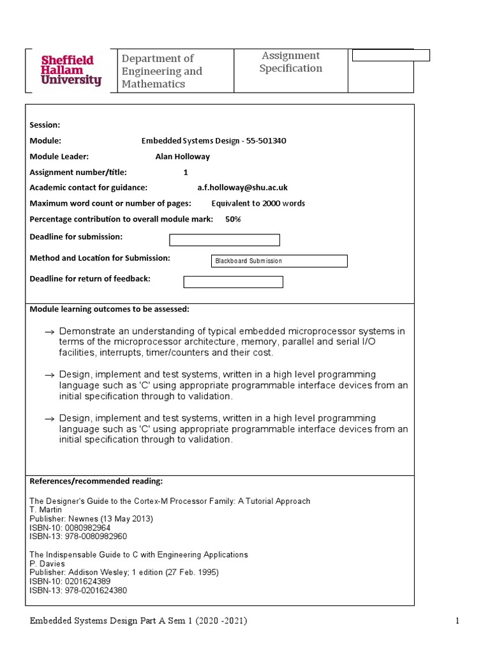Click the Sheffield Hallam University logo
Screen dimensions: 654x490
coord(71,70)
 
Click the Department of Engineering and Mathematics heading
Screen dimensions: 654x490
coord(162,71)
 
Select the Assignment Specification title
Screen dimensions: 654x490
coord(290,62)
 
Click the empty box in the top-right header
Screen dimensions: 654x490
coord(391,56)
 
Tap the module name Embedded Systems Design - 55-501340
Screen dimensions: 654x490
coord(213,141)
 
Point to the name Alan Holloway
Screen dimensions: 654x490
coord(182,156)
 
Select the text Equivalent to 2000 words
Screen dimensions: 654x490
coord(258,204)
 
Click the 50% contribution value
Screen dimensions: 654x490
coord(233,219)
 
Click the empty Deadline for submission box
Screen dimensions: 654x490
coord(224,240)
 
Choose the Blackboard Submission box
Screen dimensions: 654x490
coord(279,261)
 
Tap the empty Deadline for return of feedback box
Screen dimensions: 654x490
coord(233,282)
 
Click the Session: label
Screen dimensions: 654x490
coord(45,125)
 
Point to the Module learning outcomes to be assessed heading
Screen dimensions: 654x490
coord(109,309)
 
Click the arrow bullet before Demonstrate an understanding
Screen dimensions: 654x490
coord(50,332)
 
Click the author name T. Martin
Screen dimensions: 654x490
coord(46,510)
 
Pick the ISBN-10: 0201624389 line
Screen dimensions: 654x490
coord(70,582)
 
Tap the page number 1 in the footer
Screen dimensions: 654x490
coord(457,621)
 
